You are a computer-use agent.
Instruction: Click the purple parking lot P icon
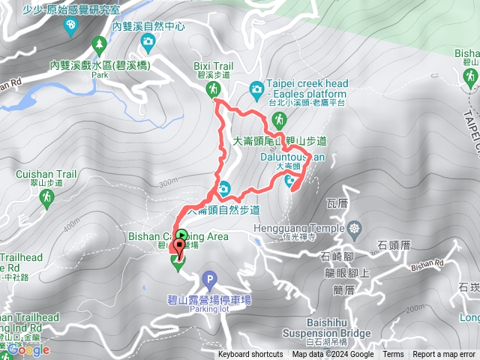coord(208,278)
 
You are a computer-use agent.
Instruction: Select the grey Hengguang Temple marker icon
coord(355,227)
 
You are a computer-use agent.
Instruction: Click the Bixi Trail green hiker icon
coord(214,89)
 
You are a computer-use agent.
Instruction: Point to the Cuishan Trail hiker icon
coord(46,196)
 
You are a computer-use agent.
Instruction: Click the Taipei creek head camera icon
coord(256,89)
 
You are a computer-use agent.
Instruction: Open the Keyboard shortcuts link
coord(250,355)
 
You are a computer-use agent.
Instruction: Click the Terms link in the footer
coord(393,355)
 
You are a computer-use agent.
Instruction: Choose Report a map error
coord(443,355)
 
